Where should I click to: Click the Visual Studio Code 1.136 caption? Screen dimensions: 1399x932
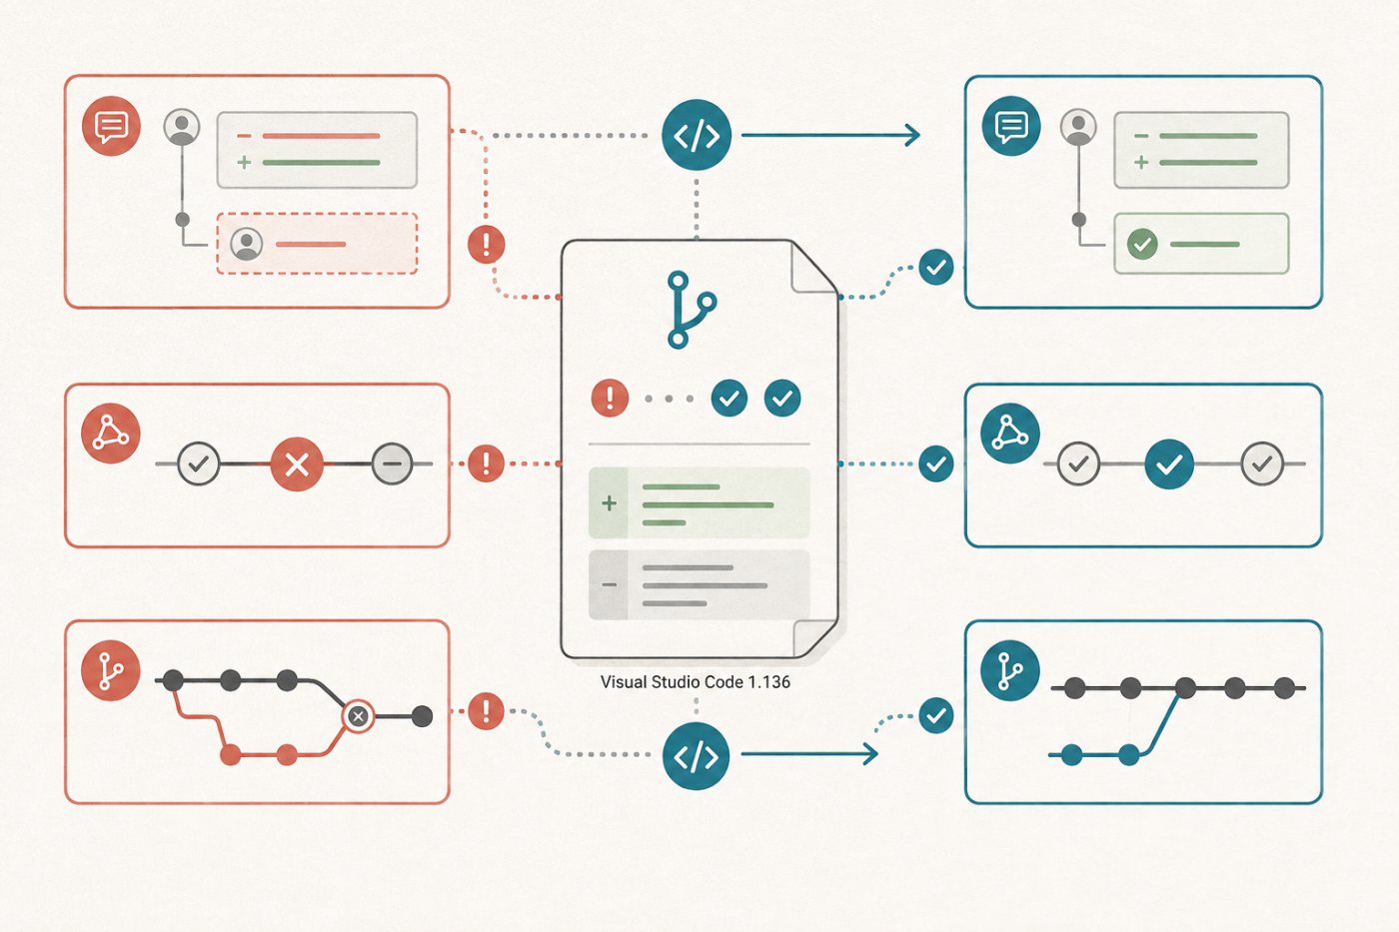coord(696,682)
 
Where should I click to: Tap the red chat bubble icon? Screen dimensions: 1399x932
coord(111,126)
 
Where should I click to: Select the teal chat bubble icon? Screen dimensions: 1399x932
coord(1011,126)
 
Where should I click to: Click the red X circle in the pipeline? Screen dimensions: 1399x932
coord(297,464)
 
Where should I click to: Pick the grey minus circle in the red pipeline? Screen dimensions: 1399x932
coord(392,464)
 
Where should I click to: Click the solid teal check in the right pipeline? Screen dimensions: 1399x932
coord(1169,464)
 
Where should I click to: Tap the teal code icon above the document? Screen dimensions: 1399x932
coord(697,135)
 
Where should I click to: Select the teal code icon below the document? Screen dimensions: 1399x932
coord(696,756)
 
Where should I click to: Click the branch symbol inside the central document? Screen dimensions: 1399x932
coord(690,310)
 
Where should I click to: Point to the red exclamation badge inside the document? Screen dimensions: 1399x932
coord(610,398)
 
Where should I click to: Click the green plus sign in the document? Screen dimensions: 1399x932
coord(609,503)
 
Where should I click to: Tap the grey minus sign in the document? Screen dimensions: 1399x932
coord(609,585)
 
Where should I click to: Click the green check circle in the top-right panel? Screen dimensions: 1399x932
coord(1142,244)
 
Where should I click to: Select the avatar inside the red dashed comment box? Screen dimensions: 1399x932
coord(247,244)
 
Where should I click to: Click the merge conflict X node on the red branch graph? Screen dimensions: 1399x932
coord(358,716)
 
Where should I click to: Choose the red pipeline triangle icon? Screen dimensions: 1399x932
coord(111,434)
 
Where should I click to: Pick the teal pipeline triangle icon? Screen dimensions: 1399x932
coord(1010,434)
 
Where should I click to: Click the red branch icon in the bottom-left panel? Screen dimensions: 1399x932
coord(111,671)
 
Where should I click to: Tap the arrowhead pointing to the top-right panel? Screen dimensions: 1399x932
coord(914,135)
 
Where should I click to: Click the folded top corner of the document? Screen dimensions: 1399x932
coord(811,270)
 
